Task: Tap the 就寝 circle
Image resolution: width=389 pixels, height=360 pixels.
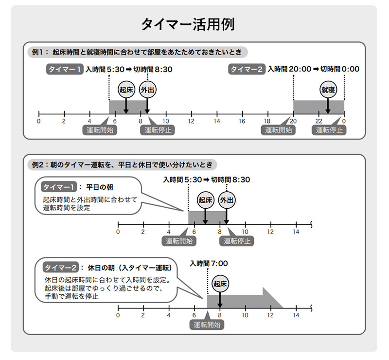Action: click(x=328, y=90)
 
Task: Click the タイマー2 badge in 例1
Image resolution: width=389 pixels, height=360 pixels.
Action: click(x=247, y=69)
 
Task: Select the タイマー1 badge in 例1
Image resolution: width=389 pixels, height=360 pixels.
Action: click(x=65, y=69)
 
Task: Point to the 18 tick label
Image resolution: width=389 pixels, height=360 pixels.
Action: click(x=267, y=121)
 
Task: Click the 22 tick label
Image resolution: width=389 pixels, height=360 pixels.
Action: click(x=318, y=121)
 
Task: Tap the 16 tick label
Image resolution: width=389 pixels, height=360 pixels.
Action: click(x=242, y=121)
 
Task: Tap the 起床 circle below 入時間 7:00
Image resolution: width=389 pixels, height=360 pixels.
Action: click(x=220, y=284)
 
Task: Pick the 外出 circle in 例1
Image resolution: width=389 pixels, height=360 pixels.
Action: click(x=146, y=90)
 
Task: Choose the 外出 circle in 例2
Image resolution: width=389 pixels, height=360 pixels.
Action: click(x=226, y=200)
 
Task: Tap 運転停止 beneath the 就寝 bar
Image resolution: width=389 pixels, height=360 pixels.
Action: click(x=329, y=130)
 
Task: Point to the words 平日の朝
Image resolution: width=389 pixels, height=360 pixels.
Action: click(x=103, y=187)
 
